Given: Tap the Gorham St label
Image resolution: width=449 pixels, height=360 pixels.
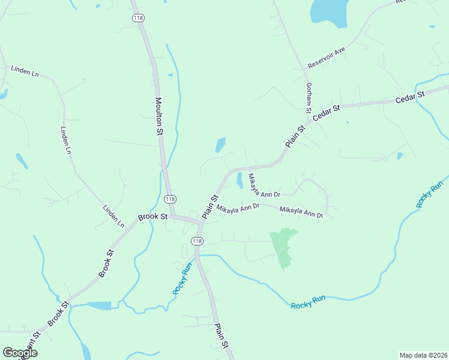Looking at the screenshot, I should click(309, 98).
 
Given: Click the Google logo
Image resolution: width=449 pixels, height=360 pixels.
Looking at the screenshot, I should click(20, 353).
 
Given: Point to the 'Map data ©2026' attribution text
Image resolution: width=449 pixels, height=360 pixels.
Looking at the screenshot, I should click(423, 355).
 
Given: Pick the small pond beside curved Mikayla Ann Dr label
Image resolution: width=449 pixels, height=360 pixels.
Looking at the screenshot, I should click(240, 179).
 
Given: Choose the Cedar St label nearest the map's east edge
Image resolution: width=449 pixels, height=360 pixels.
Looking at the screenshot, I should click(411, 98).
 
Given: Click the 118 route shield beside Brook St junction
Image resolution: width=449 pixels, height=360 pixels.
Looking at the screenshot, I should click(170, 199).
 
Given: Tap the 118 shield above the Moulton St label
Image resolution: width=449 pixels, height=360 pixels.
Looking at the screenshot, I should click(138, 18).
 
